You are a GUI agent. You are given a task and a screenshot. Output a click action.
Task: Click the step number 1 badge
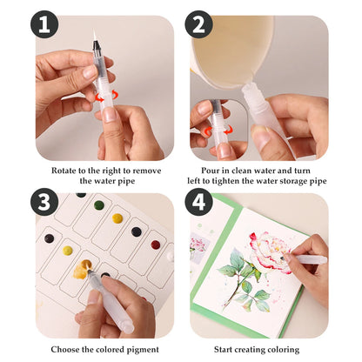tap(44, 24)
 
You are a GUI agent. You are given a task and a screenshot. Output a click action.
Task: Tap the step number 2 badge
tap(199, 24)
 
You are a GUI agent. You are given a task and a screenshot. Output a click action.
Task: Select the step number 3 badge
tap(44, 201)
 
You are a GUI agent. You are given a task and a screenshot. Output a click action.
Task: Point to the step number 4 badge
tap(199, 201)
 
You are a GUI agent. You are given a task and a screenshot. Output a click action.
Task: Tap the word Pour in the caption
tap(211, 171)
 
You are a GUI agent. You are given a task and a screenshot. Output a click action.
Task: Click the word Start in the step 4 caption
tap(223, 350)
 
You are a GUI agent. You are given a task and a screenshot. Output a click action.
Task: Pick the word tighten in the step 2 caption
tap(226, 181)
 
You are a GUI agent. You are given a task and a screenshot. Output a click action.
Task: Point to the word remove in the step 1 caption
tap(148, 171)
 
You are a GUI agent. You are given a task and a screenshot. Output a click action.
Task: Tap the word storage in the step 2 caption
tap(291, 182)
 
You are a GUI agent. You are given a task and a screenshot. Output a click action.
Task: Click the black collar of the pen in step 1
tap(97, 46)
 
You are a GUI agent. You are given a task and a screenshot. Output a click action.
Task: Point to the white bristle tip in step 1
tap(95, 35)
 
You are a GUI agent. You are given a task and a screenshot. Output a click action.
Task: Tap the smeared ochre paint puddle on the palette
tap(82, 270)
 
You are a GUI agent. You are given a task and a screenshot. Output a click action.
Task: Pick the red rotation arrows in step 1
tap(107, 96)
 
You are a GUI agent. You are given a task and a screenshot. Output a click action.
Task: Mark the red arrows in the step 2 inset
tap(218, 131)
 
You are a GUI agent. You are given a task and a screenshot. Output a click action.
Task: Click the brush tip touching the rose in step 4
tap(283, 257)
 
